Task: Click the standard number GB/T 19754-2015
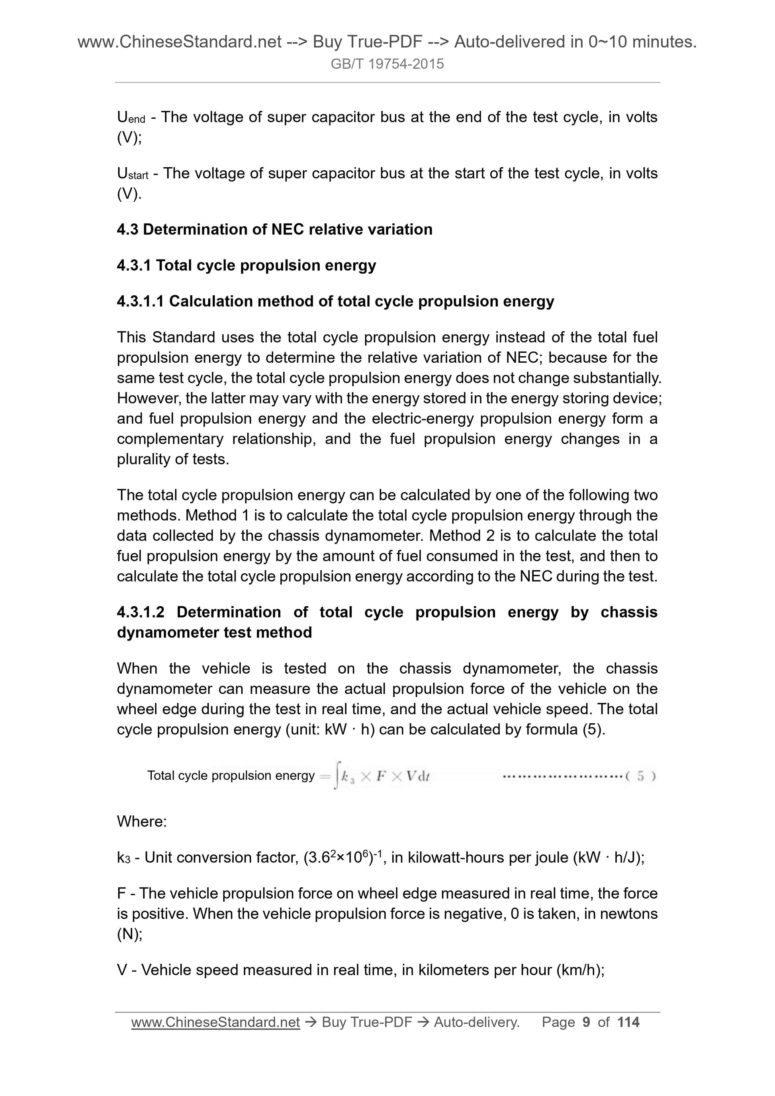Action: [x=387, y=64]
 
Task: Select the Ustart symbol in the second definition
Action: [x=132, y=174]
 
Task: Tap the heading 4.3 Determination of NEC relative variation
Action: [x=274, y=230]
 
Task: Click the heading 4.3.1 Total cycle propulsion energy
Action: [x=247, y=266]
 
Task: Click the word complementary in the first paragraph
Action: [x=170, y=439]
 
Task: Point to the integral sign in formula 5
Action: [x=337, y=776]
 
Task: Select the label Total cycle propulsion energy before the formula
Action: [x=231, y=776]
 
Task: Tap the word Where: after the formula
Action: [x=142, y=822]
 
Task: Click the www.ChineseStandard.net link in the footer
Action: [x=215, y=1022]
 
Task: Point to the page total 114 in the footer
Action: [x=628, y=1022]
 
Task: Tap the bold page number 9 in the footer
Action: [x=586, y=1022]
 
